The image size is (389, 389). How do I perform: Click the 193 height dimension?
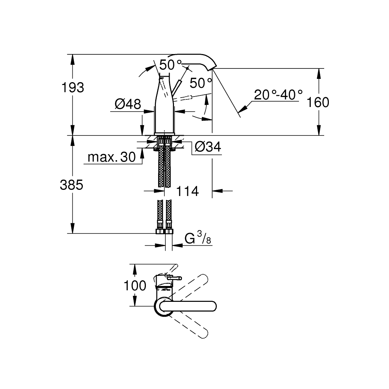[x=73, y=88]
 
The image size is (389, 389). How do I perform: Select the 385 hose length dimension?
[x=71, y=185]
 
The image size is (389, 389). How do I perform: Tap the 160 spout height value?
[x=318, y=102]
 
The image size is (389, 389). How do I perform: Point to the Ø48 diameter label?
[x=128, y=104]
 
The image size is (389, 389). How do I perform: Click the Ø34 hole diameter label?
[x=208, y=147]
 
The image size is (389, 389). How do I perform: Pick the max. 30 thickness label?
[x=112, y=157]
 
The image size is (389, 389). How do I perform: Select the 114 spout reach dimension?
[x=187, y=191]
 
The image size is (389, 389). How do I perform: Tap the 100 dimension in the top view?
[x=135, y=286]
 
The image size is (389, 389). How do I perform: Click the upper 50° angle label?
[x=171, y=65]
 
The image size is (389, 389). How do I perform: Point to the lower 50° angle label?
[x=201, y=83]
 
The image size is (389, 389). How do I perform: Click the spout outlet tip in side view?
[x=213, y=68]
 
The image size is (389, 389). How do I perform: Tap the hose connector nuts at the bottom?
[x=165, y=231]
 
